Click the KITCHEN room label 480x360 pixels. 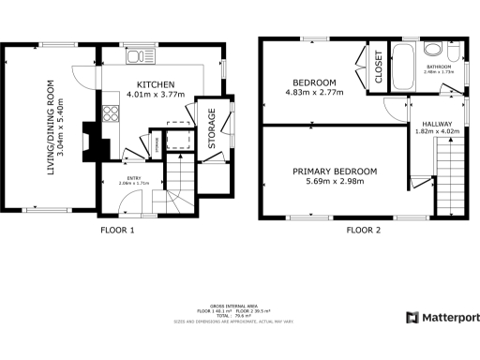click(x=153, y=82)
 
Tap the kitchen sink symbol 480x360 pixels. click(x=139, y=56)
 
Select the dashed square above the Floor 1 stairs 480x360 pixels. click(x=176, y=142)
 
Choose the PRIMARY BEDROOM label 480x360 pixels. click(x=335, y=171)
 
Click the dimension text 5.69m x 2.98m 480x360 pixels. click(x=335, y=184)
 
